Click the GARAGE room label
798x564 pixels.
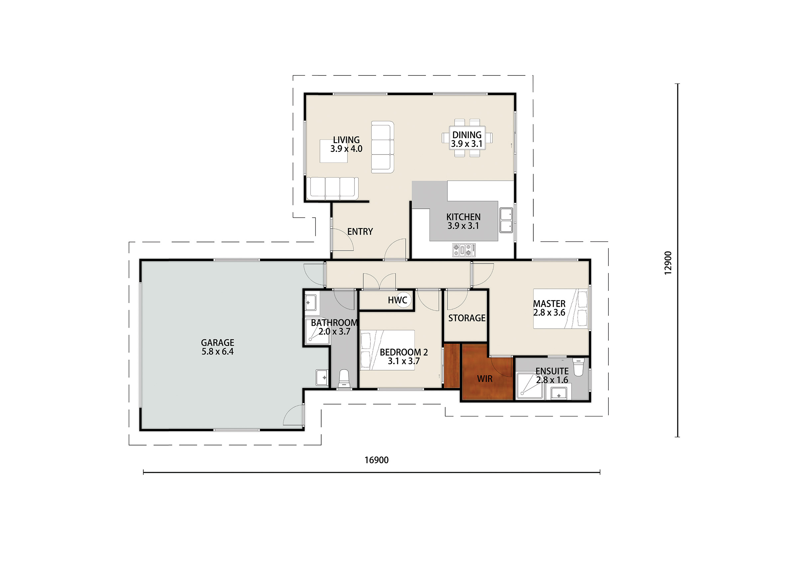click(217, 343)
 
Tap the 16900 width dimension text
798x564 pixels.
click(376, 460)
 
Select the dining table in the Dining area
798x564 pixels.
click(467, 138)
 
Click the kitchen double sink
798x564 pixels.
click(506, 220)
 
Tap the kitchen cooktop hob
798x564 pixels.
click(464, 250)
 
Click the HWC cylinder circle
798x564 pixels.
click(404, 300)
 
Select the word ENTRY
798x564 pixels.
click(360, 232)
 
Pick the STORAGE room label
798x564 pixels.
click(467, 318)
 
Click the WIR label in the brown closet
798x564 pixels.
click(484, 379)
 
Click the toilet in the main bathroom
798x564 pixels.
click(344, 379)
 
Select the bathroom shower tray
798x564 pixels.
click(317, 331)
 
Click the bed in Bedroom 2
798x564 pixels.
click(387, 350)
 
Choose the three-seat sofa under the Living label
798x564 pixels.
click(332, 189)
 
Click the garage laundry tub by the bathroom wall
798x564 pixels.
click(322, 378)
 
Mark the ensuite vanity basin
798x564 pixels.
click(559, 394)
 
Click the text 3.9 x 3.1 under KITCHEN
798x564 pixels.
click(463, 226)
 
